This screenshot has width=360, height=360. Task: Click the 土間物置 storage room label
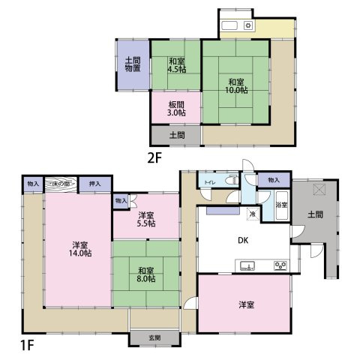[x=133, y=64]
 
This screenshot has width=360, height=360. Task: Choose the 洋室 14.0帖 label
[x=82, y=249]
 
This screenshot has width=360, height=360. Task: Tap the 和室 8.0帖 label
[x=146, y=274]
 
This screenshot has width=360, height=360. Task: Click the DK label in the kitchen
[x=243, y=241]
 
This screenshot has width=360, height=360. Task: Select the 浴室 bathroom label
[x=282, y=205]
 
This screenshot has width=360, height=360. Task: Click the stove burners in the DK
[x=281, y=265]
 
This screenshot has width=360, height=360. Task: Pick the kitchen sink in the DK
[x=247, y=265]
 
